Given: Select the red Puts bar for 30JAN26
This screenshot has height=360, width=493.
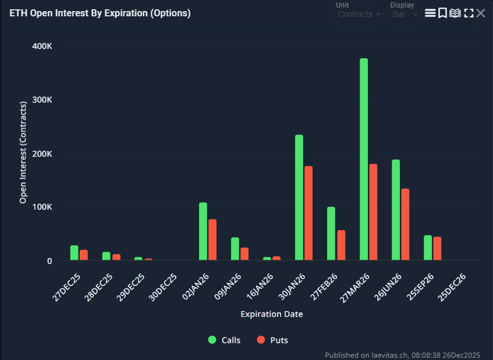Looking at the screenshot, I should [308, 213].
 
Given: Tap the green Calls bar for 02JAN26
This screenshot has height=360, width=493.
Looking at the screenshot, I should [203, 231].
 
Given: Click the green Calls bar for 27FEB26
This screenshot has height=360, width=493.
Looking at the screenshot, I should [331, 234].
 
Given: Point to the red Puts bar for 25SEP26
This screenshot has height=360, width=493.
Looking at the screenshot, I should [437, 249].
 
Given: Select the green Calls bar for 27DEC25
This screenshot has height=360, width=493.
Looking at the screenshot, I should [74, 253].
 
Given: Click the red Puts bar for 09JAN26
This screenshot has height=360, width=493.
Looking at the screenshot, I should [244, 254].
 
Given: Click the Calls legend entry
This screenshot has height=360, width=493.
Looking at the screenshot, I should [224, 340].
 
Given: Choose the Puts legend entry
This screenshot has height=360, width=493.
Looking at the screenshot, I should [272, 340].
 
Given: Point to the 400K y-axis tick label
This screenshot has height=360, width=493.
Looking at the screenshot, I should [42, 46].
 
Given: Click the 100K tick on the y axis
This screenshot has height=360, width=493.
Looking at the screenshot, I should [42, 207].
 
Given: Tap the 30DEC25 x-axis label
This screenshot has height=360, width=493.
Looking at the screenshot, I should [164, 286].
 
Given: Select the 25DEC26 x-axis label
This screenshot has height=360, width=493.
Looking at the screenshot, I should [453, 286].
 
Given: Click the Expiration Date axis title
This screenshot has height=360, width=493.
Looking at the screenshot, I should [271, 315].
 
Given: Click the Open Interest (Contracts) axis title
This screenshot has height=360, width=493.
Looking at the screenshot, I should [23, 153].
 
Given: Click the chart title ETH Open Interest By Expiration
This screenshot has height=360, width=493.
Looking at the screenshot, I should [100, 13].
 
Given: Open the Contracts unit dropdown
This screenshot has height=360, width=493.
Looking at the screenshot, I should [358, 14].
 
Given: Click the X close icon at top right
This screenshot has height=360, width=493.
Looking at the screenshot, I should [481, 13].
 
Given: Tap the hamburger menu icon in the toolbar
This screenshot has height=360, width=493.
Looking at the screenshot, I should [430, 13].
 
